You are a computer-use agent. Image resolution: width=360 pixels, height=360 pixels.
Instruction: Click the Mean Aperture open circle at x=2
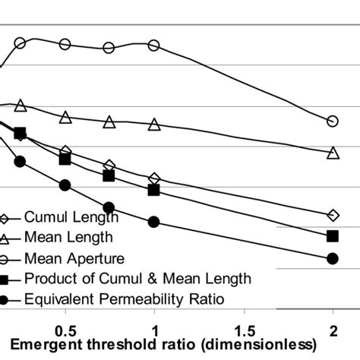(x=332, y=122)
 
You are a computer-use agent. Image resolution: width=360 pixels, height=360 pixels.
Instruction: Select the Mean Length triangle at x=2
(x=332, y=153)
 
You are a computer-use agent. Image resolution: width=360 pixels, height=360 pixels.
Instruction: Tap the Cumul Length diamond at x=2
(x=332, y=215)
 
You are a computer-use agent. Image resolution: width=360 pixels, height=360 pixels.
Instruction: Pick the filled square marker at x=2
(x=332, y=236)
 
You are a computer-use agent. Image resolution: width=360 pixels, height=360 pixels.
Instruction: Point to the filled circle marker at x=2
(x=332, y=259)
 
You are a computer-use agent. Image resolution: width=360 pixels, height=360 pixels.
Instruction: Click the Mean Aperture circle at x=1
(x=154, y=46)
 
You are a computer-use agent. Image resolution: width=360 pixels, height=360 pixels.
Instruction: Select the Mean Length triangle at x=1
(x=154, y=125)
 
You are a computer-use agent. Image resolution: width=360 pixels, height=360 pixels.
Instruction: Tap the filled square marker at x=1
(x=154, y=190)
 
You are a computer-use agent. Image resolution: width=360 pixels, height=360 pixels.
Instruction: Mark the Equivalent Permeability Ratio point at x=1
(x=154, y=222)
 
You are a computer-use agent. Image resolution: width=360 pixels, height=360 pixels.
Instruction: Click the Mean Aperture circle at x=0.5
(x=65, y=44)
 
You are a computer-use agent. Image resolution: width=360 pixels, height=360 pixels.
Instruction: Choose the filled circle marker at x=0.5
(x=65, y=185)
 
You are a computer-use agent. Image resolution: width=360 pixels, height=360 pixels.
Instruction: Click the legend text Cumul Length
(x=65, y=218)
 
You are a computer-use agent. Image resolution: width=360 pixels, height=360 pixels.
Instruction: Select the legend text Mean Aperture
(x=70, y=258)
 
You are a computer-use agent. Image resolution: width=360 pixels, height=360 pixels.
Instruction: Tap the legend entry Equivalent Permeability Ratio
(x=125, y=299)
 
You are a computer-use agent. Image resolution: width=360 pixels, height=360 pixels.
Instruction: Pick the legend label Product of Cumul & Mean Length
(x=137, y=279)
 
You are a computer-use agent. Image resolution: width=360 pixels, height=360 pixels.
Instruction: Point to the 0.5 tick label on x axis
(x=65, y=331)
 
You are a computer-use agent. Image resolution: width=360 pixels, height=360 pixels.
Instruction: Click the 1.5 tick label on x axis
(x=243, y=331)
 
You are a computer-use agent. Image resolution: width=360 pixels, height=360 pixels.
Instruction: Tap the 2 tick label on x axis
(x=332, y=331)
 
